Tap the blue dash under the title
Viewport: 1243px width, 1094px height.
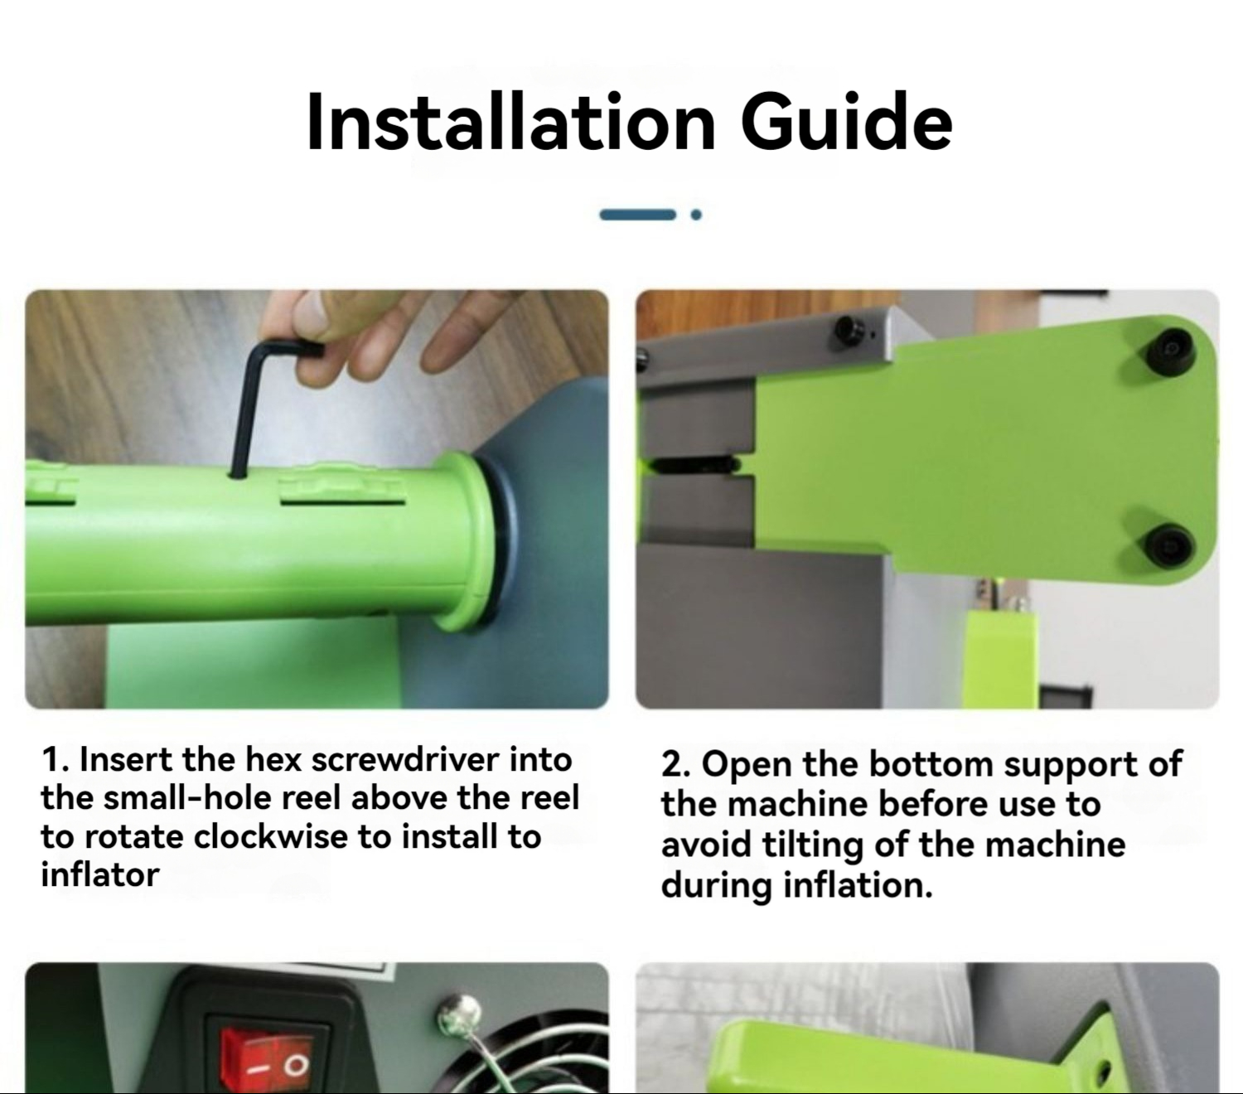[637, 215]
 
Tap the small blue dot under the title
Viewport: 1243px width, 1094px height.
[696, 215]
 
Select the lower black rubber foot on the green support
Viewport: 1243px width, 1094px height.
[1168, 545]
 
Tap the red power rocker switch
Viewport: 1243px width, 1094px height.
[267, 1060]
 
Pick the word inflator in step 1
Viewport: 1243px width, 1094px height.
[99, 875]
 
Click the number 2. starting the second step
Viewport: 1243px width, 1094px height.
[675, 764]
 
